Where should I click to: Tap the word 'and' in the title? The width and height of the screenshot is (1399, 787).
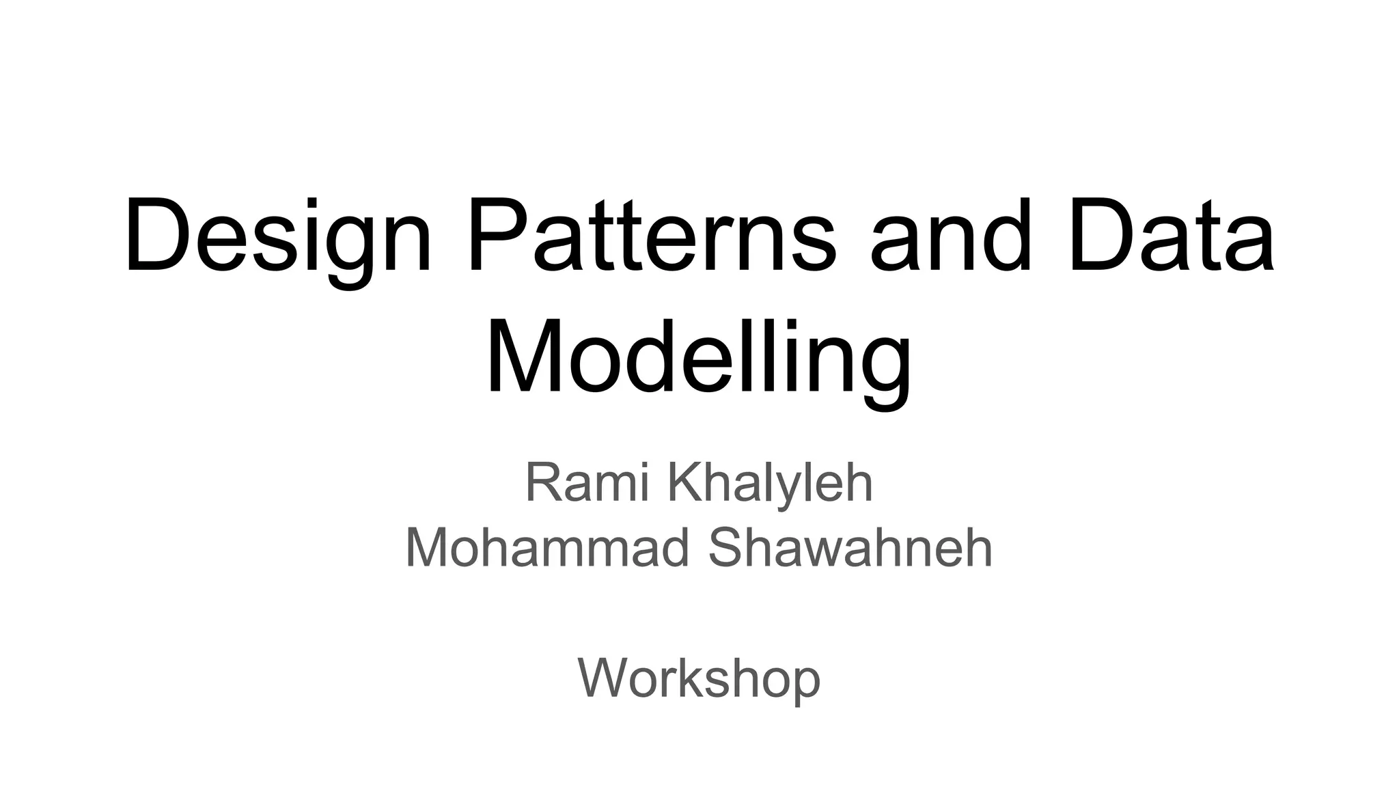[x=950, y=236]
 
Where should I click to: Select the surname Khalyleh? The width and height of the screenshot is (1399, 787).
[x=770, y=482]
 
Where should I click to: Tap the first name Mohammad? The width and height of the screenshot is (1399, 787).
[x=547, y=548]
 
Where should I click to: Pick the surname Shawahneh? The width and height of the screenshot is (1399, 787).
[x=850, y=548]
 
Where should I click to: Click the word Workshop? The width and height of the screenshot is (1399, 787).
[x=699, y=679]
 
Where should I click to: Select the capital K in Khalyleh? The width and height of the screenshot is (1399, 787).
[x=684, y=482]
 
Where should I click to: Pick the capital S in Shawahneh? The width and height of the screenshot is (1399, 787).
[x=728, y=548]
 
